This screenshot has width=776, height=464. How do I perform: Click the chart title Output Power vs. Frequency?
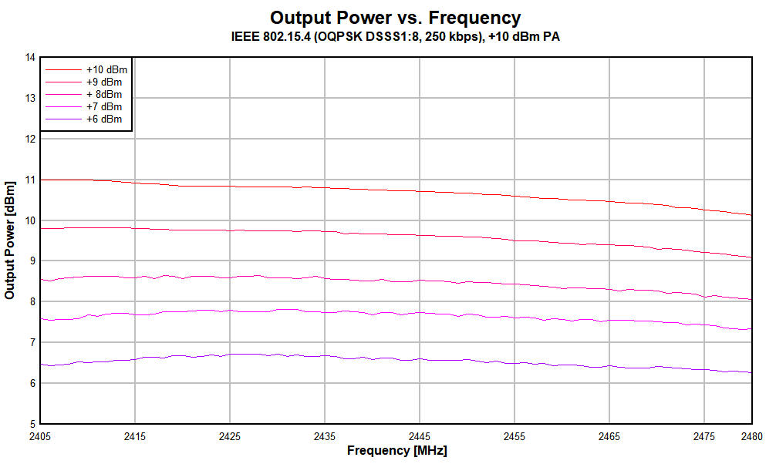[395, 18]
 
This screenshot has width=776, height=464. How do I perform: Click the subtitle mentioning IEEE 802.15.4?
[395, 36]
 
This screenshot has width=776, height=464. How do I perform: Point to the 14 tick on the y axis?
[31, 57]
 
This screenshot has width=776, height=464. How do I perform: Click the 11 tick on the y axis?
[31, 180]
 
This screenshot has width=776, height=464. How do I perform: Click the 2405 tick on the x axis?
[40, 436]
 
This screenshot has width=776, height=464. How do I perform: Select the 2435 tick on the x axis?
[325, 436]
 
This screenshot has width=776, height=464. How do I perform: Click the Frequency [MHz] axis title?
[396, 450]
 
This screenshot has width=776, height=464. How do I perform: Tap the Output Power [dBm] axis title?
[10, 240]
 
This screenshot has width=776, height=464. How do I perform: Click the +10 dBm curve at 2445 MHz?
[420, 191]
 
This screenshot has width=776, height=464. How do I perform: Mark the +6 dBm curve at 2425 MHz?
[230, 355]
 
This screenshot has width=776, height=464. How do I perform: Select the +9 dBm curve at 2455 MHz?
[515, 240]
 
